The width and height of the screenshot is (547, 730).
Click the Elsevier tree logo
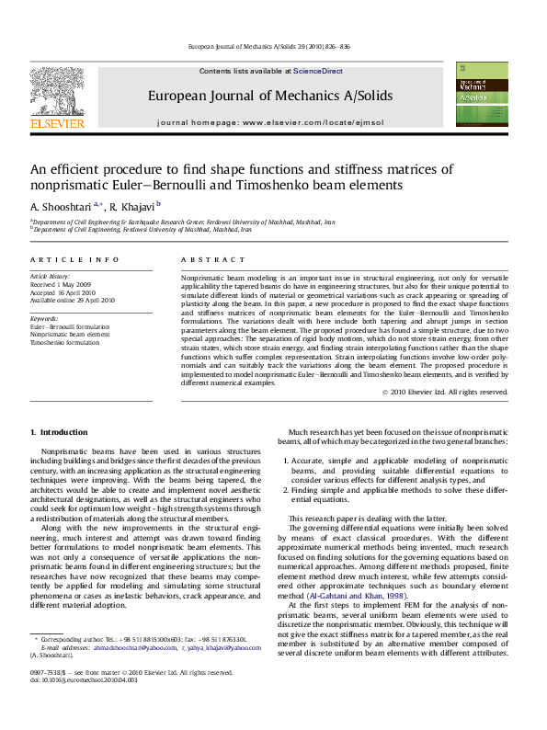[x=58, y=90]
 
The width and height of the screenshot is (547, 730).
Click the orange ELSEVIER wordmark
[x=58, y=121]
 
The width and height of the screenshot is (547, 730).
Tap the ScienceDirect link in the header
[x=318, y=71]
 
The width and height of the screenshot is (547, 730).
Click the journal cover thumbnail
[x=482, y=95]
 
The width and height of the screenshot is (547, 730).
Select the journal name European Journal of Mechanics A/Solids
[x=269, y=96]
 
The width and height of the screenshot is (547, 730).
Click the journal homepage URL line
[x=269, y=122]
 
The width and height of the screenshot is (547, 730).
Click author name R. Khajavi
[x=131, y=207]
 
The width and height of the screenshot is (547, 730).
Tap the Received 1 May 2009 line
[x=61, y=284]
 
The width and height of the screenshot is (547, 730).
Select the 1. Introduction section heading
[x=59, y=432]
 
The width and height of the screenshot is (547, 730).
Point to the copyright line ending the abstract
[x=444, y=392]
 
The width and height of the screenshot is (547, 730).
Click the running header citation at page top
[x=269, y=46]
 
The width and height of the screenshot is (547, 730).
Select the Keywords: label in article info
[x=44, y=318]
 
